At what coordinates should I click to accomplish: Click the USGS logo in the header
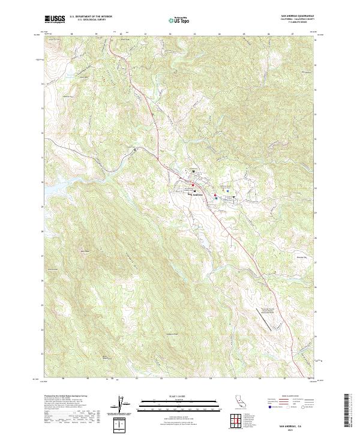[55, 19]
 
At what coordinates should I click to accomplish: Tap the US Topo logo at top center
[180, 20]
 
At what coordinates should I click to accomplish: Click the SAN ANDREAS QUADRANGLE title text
[297, 16]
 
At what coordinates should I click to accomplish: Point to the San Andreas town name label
[199, 194]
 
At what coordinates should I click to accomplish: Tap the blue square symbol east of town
[224, 197]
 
